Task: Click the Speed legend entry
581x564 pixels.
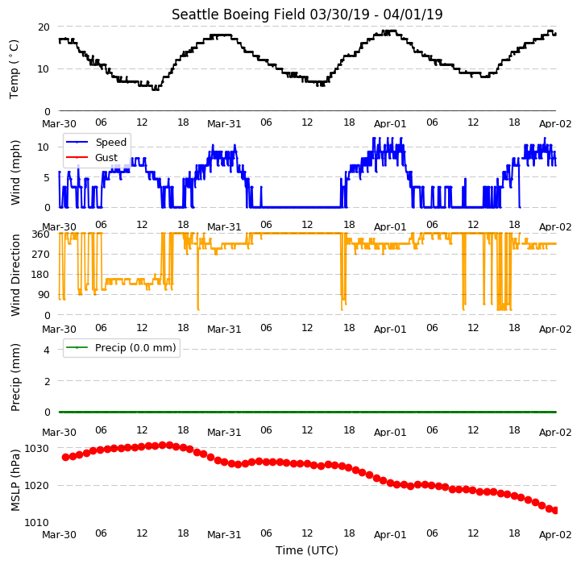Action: click(97, 143)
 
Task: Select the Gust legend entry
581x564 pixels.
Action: click(92, 157)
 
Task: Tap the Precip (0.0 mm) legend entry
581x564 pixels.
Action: click(121, 347)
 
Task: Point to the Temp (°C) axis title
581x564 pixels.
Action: click(14, 69)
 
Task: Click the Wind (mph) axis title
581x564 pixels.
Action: click(15, 172)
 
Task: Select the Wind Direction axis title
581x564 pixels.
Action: click(15, 275)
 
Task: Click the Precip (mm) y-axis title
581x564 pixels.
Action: click(15, 377)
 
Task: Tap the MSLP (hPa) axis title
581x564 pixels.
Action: click(15, 480)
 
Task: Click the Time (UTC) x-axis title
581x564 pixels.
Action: click(307, 550)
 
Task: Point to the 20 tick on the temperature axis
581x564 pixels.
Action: click(44, 27)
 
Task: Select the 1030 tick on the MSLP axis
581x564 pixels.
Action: click(37, 449)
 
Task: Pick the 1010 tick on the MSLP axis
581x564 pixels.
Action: click(37, 522)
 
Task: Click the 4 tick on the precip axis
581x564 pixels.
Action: click(47, 350)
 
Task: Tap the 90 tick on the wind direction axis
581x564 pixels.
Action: click(44, 295)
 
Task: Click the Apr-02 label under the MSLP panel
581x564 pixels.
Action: click(555, 535)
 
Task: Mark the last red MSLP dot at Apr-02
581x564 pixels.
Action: click(555, 510)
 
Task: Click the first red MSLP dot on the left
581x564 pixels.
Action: click(65, 458)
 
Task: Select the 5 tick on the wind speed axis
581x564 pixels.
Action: click(47, 177)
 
